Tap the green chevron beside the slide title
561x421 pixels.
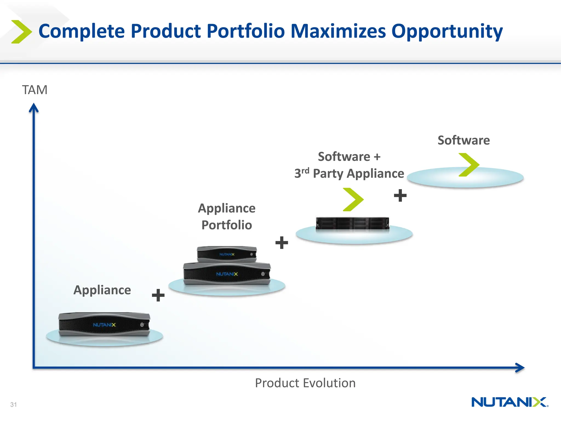(x=21, y=32)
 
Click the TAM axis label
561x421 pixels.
(x=35, y=90)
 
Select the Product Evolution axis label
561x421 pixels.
(x=305, y=383)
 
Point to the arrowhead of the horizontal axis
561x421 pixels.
(x=520, y=368)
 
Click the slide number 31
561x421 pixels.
(x=13, y=405)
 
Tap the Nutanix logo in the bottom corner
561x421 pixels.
(x=510, y=402)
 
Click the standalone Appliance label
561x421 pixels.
(x=102, y=290)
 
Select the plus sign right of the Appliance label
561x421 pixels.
(x=158, y=295)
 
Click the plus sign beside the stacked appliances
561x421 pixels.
(x=282, y=243)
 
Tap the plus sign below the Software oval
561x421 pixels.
(x=400, y=195)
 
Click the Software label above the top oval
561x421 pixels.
(x=463, y=140)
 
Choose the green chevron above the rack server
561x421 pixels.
(x=353, y=200)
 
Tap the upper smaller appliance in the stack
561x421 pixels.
(x=227, y=254)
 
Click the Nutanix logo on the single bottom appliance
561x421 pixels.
(x=104, y=325)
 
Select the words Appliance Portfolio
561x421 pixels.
(x=227, y=217)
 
